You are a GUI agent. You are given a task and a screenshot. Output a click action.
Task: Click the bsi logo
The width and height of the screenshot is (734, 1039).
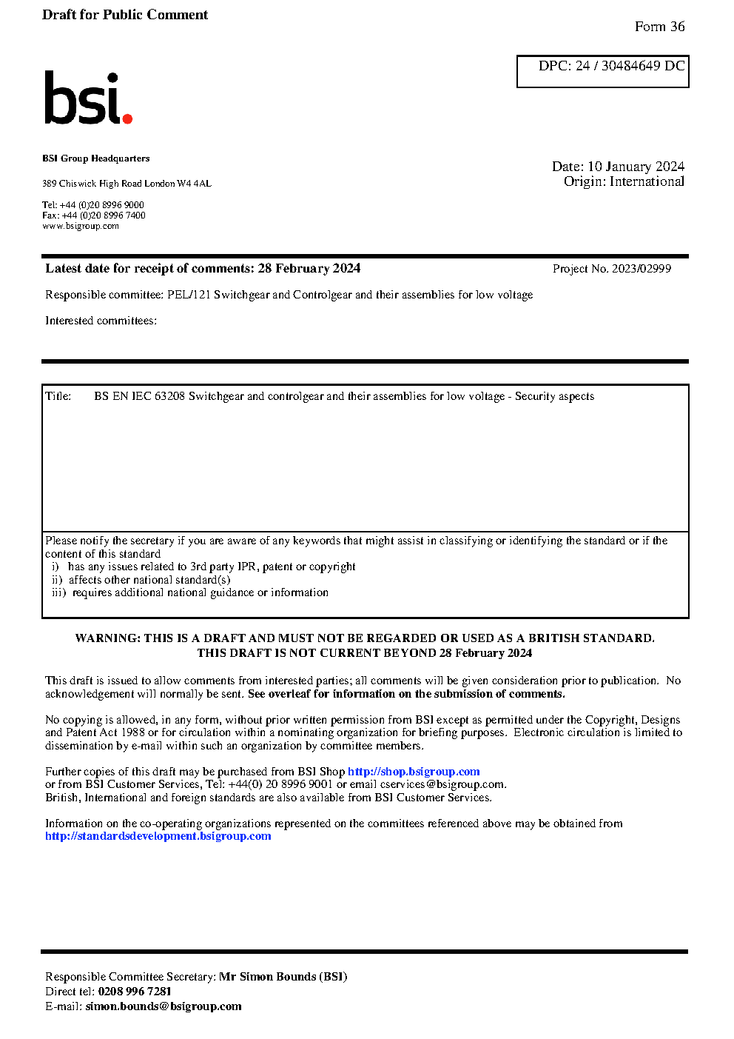click(x=87, y=98)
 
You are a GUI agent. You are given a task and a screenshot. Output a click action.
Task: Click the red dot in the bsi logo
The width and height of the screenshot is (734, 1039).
click(x=127, y=118)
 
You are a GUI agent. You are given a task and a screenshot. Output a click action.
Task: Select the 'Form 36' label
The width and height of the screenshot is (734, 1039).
click(x=659, y=27)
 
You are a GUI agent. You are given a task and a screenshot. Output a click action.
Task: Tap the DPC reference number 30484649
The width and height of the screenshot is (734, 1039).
click(x=630, y=66)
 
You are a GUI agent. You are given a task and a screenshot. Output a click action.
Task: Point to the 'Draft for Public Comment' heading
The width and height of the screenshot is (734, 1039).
click(x=125, y=15)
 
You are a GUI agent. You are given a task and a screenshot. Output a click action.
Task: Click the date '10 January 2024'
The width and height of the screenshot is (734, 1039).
click(x=636, y=167)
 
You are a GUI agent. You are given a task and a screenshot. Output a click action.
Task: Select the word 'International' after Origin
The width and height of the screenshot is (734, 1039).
click(x=647, y=181)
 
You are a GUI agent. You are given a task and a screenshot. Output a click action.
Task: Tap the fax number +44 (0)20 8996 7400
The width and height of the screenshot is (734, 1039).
click(x=104, y=216)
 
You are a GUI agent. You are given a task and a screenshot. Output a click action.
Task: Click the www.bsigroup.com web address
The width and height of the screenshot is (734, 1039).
click(x=81, y=226)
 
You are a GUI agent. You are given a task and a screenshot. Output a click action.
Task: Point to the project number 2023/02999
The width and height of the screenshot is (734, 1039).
click(x=641, y=269)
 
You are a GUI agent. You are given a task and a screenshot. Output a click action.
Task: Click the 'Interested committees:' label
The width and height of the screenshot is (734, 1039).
click(x=101, y=321)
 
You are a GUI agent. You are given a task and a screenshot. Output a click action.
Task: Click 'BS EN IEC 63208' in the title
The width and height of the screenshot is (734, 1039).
click(x=139, y=396)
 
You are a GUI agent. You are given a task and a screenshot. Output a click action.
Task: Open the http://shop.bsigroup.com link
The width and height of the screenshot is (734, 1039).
click(x=414, y=772)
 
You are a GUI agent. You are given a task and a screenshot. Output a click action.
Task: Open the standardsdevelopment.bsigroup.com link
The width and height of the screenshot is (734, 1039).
click(x=158, y=836)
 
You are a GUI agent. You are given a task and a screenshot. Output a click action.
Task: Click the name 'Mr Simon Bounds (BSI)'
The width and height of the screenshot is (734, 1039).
click(x=283, y=977)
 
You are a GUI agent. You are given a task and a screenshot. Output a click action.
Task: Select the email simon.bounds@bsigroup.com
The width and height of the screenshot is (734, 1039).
click(x=163, y=1006)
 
